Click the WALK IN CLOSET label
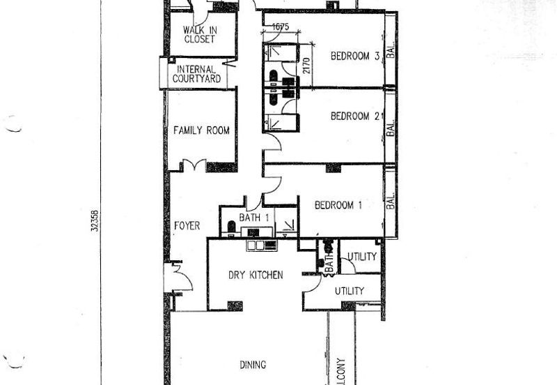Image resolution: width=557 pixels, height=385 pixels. [199, 35]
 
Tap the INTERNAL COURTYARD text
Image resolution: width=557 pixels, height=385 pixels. [199, 75]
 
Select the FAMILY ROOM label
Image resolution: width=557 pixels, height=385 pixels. [201, 130]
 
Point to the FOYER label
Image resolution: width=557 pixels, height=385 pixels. [187, 226]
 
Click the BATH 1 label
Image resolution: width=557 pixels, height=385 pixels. [254, 218]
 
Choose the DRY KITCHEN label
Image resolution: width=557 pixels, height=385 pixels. [256, 275]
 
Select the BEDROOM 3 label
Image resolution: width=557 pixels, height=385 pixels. [354, 56]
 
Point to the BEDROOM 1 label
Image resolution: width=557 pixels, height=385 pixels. [338, 205]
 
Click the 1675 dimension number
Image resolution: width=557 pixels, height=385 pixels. [280, 27]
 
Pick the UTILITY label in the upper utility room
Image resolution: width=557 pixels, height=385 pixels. [362, 257]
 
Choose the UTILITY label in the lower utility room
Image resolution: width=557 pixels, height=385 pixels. [349, 290]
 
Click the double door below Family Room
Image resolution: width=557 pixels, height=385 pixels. [193, 166]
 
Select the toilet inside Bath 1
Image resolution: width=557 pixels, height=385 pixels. [231, 227]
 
